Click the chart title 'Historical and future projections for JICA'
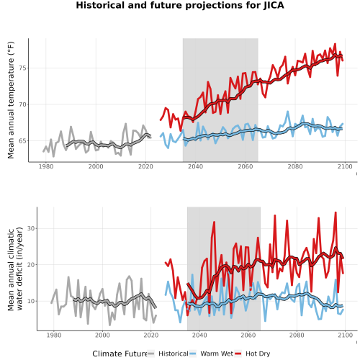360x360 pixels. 180,5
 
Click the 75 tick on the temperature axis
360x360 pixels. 22,68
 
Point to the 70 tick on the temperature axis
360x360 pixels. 22,104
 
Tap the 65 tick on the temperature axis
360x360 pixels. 22,141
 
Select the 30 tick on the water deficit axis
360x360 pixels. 31,228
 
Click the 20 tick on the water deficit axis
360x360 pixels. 31,265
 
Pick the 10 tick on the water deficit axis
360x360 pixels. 31,301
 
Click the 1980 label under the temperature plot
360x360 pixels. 46,166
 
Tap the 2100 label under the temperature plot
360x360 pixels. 345,166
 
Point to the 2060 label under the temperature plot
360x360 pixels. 246,166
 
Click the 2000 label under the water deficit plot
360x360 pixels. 102,335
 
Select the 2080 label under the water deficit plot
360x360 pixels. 297,335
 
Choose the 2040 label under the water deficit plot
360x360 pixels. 199,335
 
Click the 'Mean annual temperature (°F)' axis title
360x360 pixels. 11,100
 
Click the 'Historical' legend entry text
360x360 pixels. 174,354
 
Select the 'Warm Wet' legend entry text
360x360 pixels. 217,354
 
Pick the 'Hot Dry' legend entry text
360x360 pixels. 258,354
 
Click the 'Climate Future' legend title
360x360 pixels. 120,354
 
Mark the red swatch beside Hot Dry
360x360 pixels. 238,354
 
